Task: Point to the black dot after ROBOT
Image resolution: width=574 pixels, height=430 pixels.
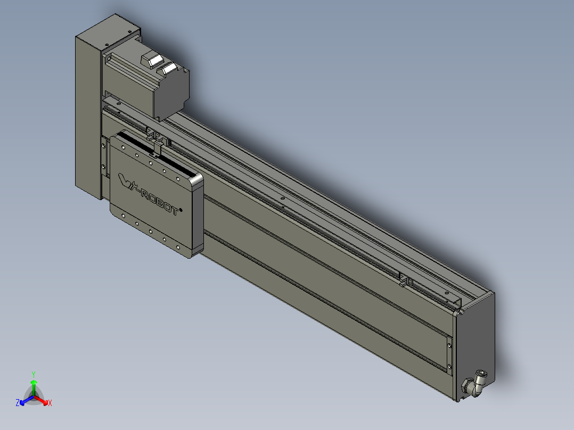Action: (181, 210)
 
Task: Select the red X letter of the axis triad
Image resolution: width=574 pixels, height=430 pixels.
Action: (50, 403)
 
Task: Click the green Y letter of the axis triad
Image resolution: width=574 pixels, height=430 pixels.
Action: (34, 375)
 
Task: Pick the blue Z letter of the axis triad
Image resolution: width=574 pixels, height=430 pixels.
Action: (17, 403)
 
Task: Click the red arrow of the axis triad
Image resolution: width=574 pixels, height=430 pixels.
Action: (41, 400)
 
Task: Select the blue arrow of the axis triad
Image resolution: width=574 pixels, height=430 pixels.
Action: (27, 400)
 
